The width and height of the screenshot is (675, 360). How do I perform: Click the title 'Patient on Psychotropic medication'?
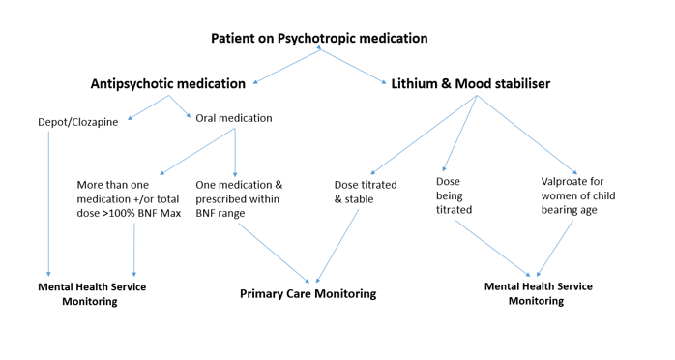pos(319,38)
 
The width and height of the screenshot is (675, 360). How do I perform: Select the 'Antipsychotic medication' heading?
pos(167,84)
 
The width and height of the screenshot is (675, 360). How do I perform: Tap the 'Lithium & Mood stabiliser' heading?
pos(470,84)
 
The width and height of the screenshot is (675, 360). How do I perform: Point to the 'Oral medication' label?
pos(233,118)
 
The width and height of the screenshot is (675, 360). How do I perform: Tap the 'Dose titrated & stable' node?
pos(367,192)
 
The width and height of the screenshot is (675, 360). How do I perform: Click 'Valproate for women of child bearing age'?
pos(577,195)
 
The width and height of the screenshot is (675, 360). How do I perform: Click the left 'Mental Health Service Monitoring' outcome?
pos(92,293)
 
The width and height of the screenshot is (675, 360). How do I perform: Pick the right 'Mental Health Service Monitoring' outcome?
pos(537,293)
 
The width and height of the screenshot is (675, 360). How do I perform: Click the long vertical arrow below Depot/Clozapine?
pos(48,203)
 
